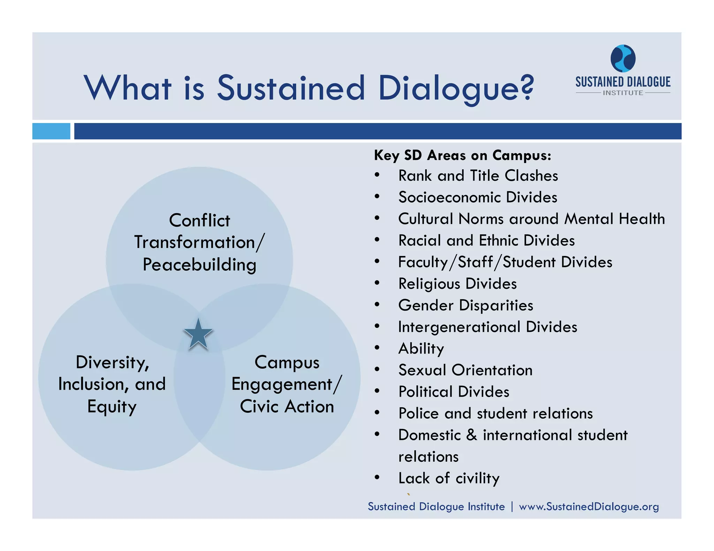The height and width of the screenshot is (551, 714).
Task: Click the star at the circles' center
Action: click(198, 335)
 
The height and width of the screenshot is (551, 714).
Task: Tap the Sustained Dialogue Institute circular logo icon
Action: click(623, 58)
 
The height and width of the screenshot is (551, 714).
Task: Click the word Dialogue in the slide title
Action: click(456, 88)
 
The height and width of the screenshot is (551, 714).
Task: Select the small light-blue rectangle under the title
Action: click(51, 131)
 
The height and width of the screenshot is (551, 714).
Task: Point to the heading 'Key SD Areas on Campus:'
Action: click(463, 155)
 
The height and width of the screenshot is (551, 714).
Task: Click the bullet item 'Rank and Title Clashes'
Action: click(478, 176)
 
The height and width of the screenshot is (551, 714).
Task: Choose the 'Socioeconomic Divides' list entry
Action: click(478, 197)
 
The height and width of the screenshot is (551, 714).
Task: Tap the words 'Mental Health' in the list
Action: click(615, 219)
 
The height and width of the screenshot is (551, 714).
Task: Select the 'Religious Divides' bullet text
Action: click(457, 284)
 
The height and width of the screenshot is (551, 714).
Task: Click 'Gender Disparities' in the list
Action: click(466, 305)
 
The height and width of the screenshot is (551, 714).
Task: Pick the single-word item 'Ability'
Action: click(421, 349)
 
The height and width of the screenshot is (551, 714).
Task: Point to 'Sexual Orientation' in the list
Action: click(465, 370)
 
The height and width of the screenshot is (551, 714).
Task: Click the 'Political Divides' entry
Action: click(454, 392)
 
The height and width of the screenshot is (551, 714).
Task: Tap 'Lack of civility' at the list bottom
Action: click(449, 478)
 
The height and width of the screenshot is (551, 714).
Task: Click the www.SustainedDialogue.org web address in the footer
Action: click(589, 506)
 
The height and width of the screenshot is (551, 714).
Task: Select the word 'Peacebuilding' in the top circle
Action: click(199, 265)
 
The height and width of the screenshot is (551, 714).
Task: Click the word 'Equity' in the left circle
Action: click(112, 407)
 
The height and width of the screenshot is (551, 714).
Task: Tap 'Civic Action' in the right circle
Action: click(287, 406)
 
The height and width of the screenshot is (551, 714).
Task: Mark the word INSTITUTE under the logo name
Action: click(623, 93)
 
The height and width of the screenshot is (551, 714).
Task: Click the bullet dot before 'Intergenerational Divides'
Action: click(377, 327)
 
